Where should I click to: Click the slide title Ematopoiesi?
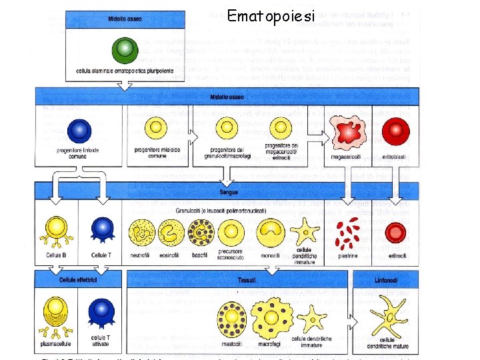[270, 15]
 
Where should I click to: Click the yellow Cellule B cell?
[56, 229]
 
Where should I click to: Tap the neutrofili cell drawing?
[140, 232]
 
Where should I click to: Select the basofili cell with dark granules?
[200, 232]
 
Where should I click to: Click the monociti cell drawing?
[271, 232]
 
